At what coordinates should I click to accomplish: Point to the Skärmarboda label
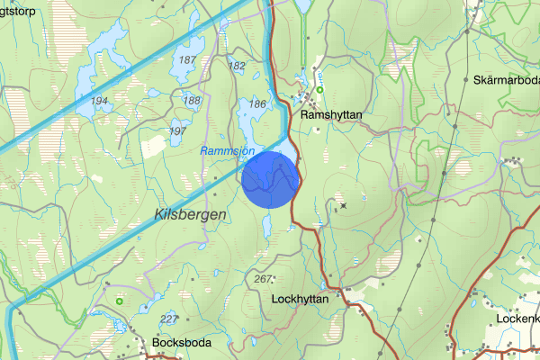(505, 80)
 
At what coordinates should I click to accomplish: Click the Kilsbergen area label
(189, 214)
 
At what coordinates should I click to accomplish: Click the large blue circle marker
(270, 179)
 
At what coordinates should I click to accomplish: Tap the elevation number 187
(187, 60)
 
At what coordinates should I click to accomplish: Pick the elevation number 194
(99, 101)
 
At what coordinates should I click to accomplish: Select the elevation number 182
(238, 66)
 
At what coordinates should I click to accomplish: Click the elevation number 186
(256, 104)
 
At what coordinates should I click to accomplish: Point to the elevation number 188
(192, 100)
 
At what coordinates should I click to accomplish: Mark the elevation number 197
(177, 131)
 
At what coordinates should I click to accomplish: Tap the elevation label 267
(263, 279)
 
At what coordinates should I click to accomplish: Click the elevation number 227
(168, 319)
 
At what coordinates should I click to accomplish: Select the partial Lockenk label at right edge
(517, 319)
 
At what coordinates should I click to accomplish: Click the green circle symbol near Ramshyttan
(319, 88)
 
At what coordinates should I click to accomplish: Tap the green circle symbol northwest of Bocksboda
(119, 301)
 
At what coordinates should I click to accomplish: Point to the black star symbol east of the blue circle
(343, 205)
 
